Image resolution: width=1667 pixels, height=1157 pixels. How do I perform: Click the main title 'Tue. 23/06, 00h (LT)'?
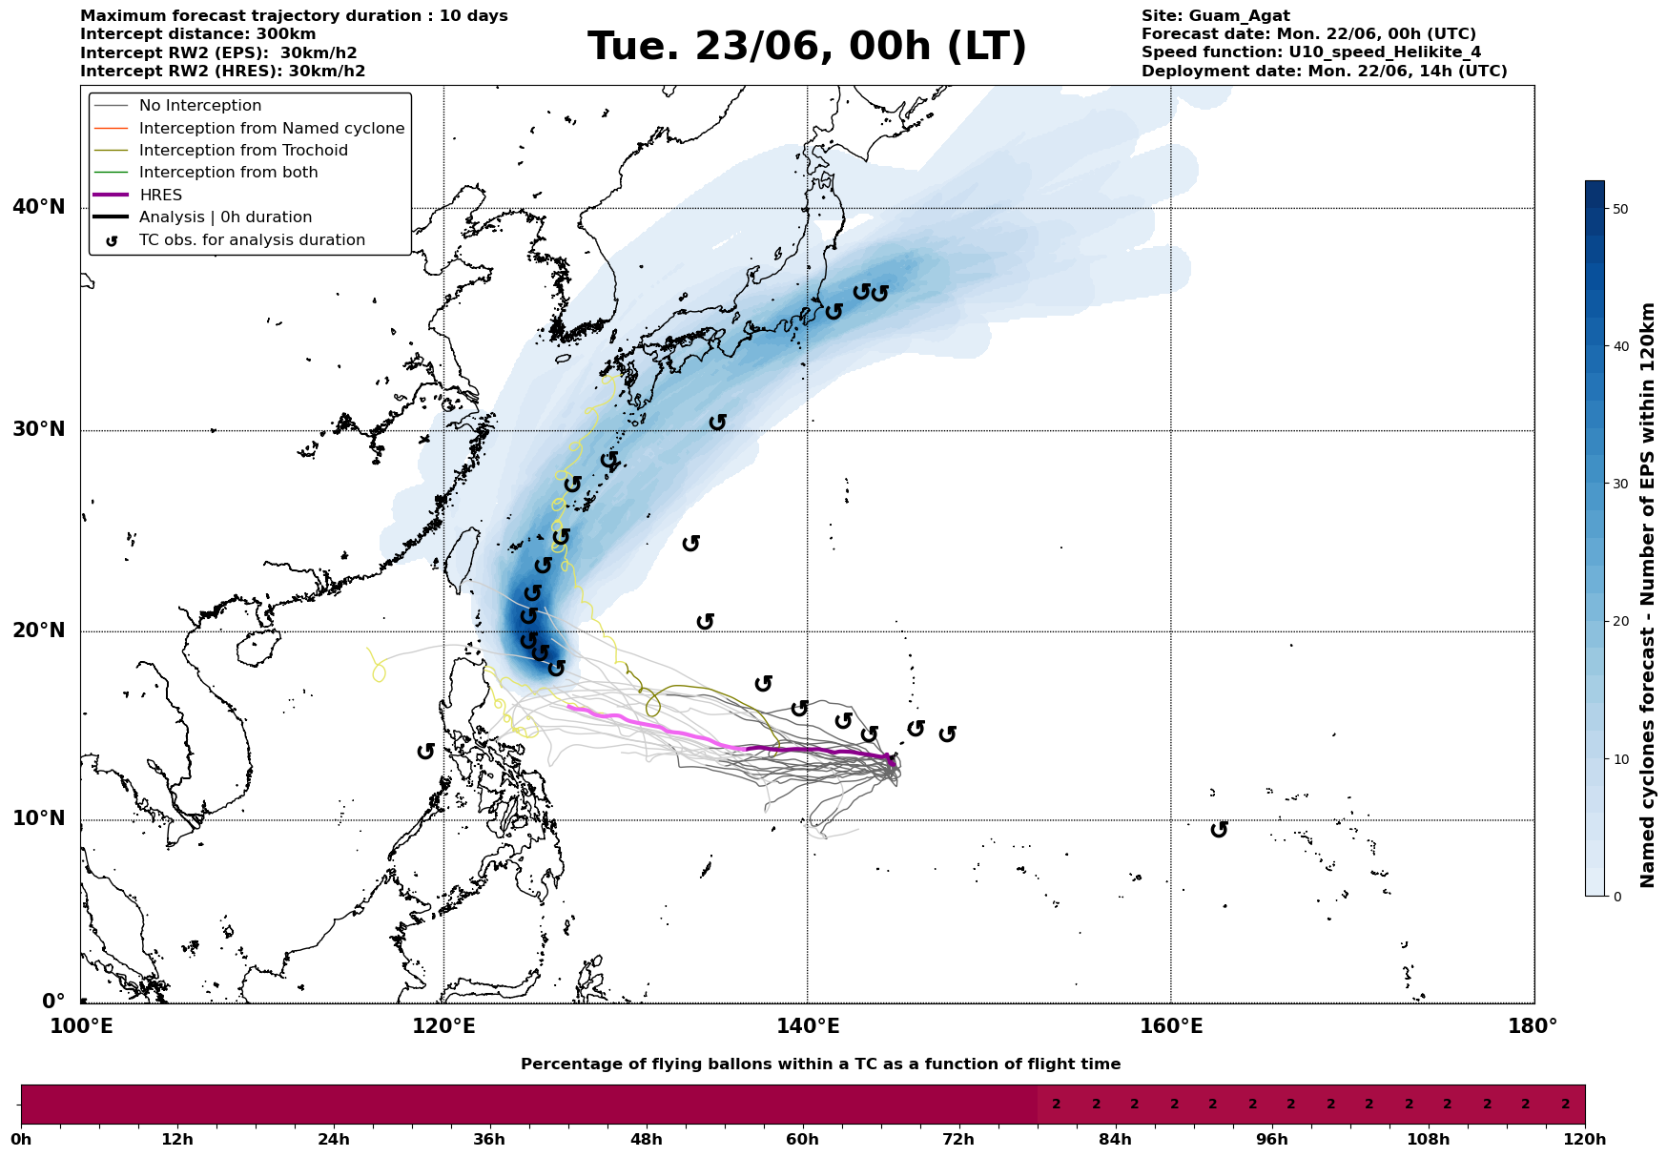(x=807, y=47)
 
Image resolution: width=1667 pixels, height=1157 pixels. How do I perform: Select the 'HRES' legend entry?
(x=160, y=195)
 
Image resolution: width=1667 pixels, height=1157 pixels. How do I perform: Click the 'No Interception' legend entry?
(x=200, y=106)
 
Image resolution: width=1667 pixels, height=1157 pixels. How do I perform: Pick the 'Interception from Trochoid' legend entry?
(x=243, y=151)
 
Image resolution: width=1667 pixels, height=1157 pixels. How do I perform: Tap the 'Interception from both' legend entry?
(x=228, y=173)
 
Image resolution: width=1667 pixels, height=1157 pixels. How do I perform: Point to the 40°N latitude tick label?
(x=39, y=207)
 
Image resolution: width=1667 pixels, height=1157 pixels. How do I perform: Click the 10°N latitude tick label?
(x=39, y=819)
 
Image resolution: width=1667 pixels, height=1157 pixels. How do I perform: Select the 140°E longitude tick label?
(x=807, y=1026)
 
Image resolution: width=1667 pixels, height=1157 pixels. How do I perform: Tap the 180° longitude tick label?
(x=1533, y=1026)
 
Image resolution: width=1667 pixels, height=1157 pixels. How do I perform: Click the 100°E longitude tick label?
(x=81, y=1026)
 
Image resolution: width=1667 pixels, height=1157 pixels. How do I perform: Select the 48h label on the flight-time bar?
(x=646, y=1140)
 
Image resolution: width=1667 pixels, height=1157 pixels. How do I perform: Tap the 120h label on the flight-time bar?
(x=1585, y=1140)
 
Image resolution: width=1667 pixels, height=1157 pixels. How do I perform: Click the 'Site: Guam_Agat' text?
(x=1215, y=16)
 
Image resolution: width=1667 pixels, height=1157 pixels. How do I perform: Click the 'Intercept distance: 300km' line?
(x=198, y=34)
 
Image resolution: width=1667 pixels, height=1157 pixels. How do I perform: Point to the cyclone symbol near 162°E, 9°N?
(x=1219, y=830)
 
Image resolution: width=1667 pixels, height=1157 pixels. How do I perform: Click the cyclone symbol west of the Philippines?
(x=426, y=752)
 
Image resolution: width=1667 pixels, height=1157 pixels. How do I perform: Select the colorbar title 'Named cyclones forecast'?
(x=1647, y=594)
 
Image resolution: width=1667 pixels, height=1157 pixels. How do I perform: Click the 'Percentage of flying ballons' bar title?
(x=820, y=1064)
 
